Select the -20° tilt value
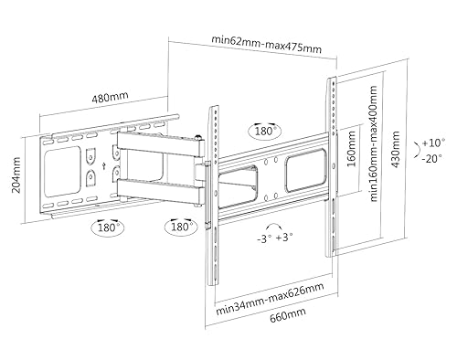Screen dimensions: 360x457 [x=432, y=161]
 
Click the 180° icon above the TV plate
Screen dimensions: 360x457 [x=264, y=130]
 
